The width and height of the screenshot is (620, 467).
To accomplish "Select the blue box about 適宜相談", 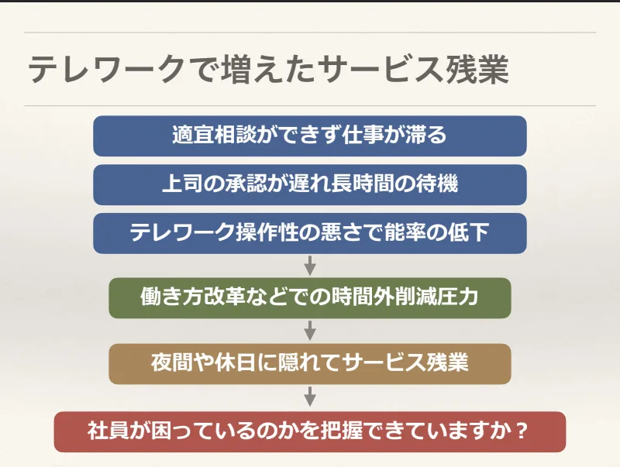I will tap(310, 136).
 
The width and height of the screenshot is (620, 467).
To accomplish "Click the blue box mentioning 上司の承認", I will tap(310, 184).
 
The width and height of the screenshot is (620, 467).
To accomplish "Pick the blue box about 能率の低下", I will tap(310, 232).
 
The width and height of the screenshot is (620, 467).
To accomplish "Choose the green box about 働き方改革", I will tap(310, 297).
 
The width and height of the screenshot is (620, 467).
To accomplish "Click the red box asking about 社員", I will tap(310, 431).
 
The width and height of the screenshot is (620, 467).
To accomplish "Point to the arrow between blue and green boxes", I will tap(310, 265).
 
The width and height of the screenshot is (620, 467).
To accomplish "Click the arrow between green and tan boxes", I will tap(310, 330).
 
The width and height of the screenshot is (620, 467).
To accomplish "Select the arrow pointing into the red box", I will tap(310, 397).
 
